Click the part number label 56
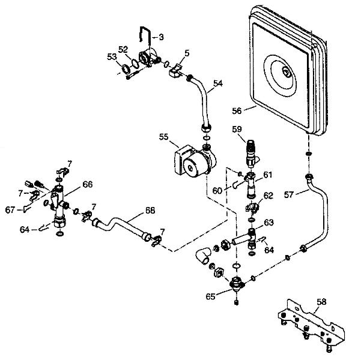pyautogui.click(x=236, y=110)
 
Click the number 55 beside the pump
pyautogui.click(x=163, y=137)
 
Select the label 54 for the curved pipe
pyautogui.click(x=217, y=83)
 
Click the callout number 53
pyautogui.click(x=112, y=56)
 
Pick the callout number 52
pyautogui.click(x=123, y=49)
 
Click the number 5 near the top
pyautogui.click(x=187, y=53)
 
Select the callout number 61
pyautogui.click(x=267, y=175)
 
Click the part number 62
pyautogui.click(x=268, y=195)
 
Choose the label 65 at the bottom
pyautogui.click(x=210, y=295)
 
